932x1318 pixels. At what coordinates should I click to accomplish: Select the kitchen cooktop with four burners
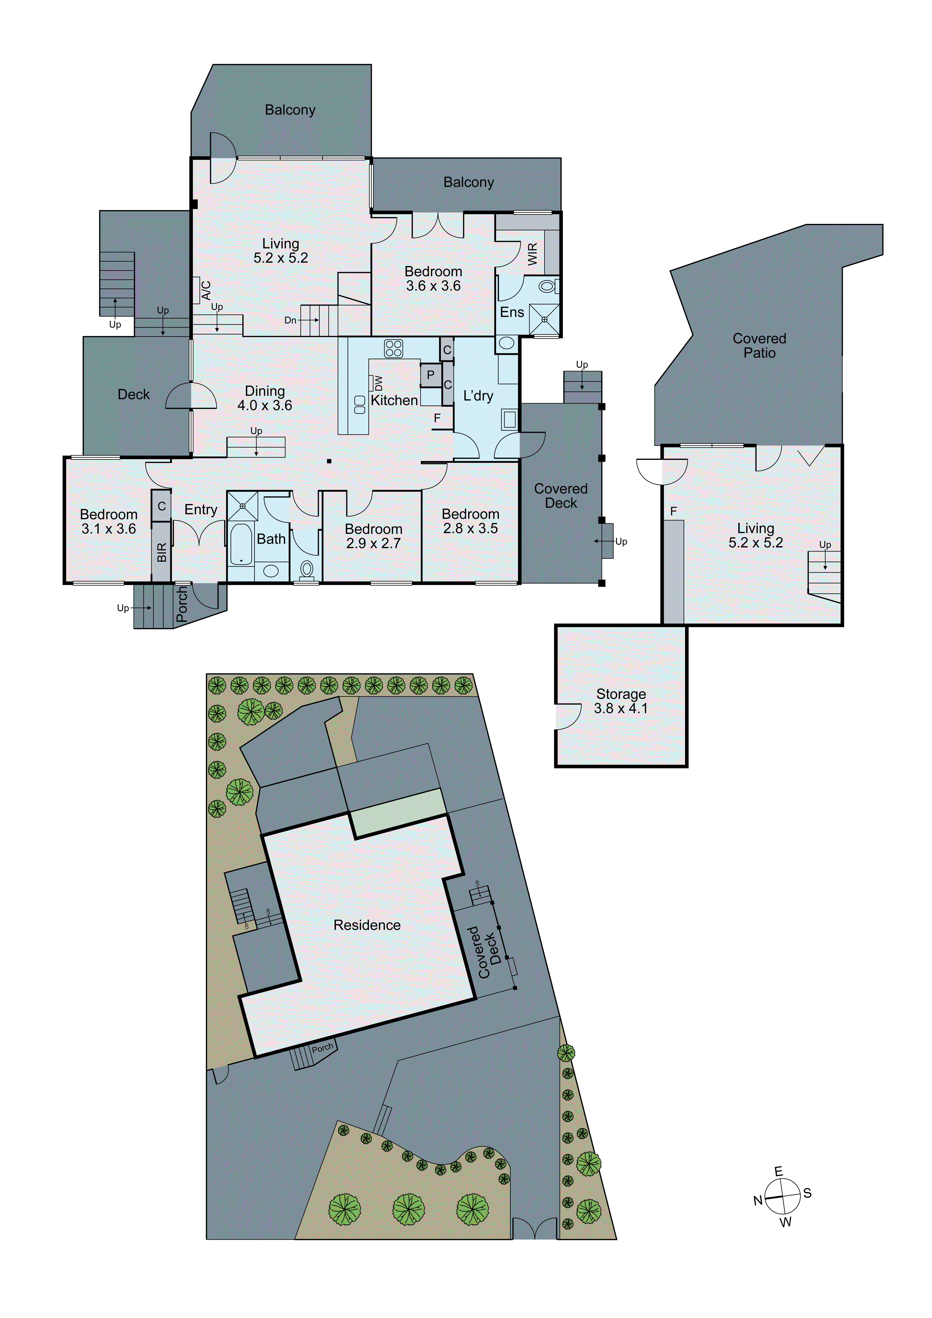coord(393,349)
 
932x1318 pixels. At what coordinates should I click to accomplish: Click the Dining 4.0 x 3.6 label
coord(265,398)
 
